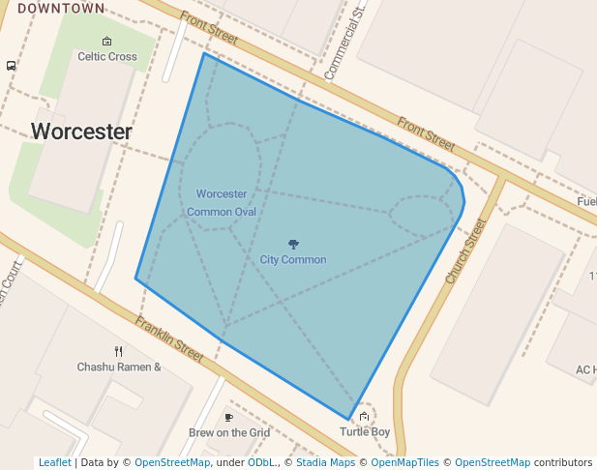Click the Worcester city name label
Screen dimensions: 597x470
tap(81, 132)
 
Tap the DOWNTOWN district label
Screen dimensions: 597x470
tap(61, 9)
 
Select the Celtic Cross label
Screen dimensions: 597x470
tap(107, 57)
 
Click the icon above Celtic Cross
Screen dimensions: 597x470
tap(107, 42)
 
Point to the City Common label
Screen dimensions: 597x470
tap(293, 260)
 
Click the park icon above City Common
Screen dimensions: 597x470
tap(293, 244)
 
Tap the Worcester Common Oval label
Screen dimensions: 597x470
tap(222, 203)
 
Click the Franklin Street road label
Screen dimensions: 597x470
tap(169, 339)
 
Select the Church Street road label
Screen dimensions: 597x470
tap(465, 250)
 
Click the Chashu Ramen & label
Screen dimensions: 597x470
tap(119, 367)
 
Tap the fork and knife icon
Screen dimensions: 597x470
tap(118, 352)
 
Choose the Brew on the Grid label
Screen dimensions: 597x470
tap(229, 433)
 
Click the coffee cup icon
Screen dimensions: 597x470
tap(229, 418)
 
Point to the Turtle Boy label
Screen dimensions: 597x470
tap(365, 432)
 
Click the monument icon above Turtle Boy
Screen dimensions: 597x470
tap(364, 417)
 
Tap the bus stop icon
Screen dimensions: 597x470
tap(11, 66)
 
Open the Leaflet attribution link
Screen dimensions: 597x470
tap(54, 463)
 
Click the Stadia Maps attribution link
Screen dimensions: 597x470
tap(325, 463)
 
